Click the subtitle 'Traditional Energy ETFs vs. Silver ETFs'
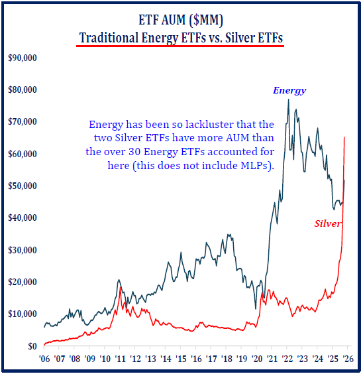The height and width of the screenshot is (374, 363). click(181, 38)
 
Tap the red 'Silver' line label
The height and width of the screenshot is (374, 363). click(327, 223)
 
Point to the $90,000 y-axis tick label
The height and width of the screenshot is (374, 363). click(22, 58)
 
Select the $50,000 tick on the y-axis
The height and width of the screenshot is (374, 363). click(22, 186)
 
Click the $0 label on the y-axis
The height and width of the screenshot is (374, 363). click(13, 346)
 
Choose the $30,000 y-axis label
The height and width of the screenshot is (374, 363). click(22, 250)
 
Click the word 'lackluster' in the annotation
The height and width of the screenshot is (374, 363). click(199, 125)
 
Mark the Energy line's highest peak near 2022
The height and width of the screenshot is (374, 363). click(287, 99)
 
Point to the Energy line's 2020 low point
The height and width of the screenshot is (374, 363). click(256, 308)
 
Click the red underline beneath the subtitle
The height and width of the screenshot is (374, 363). click(181, 47)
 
